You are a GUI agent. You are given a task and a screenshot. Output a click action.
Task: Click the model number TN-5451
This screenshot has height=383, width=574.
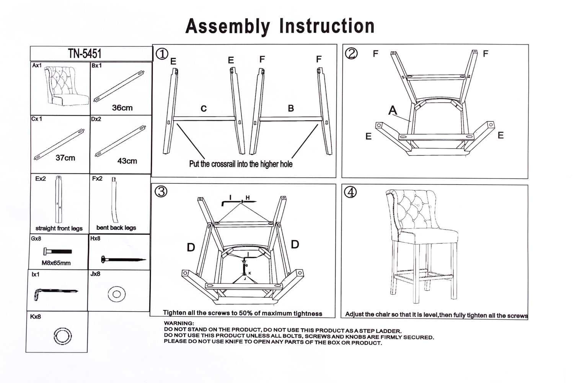click(85, 54)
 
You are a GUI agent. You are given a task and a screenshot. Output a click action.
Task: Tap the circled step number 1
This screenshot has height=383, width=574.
click(162, 54)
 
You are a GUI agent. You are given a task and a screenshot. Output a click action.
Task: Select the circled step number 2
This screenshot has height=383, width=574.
click(351, 54)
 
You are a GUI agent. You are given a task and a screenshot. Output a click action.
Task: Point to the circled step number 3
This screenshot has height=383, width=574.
click(161, 191)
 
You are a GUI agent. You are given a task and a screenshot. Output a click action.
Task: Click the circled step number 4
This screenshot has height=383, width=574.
click(351, 192)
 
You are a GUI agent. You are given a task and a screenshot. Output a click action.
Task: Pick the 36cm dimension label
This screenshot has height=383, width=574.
click(122, 108)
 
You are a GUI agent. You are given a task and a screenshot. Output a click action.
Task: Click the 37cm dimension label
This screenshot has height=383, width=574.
click(65, 158)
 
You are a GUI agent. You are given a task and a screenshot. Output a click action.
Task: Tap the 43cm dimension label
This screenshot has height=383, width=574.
click(127, 161)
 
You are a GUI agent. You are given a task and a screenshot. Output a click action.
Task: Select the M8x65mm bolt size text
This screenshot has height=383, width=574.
click(56, 263)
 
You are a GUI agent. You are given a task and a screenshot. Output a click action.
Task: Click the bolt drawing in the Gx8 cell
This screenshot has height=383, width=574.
click(57, 252)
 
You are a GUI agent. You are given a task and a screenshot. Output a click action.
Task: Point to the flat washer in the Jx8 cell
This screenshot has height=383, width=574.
click(117, 294)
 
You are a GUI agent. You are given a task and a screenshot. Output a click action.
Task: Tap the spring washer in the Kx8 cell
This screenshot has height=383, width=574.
click(62, 336)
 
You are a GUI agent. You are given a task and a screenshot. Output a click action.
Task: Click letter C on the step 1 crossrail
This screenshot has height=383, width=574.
click(204, 109)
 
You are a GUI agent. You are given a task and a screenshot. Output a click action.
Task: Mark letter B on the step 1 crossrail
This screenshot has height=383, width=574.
click(291, 108)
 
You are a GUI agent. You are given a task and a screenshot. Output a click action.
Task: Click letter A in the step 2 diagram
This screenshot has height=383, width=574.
click(393, 110)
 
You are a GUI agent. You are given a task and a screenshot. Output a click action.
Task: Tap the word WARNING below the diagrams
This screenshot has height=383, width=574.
click(179, 324)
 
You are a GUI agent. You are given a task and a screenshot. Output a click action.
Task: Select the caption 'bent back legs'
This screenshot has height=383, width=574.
click(116, 228)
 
